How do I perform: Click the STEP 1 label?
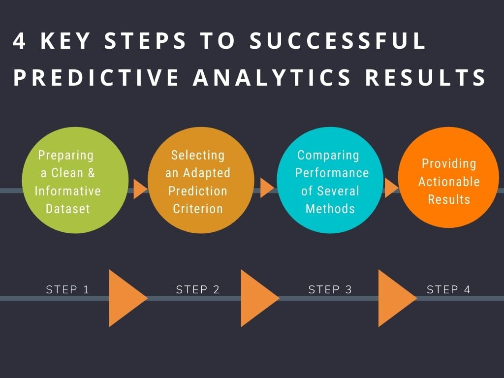pos(67,289)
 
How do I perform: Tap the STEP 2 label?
pos(198,289)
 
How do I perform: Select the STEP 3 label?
pos(330,289)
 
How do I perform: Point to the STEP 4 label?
pos(448,289)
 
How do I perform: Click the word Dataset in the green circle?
pos(68,209)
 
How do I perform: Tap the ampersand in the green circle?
pos(91,173)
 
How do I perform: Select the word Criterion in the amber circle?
pos(198,209)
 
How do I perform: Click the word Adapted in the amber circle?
pos(207,173)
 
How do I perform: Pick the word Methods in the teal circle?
pos(330,209)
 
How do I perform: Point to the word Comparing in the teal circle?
pos(328,156)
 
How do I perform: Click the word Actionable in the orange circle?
pos(449,182)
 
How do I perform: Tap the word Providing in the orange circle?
pos(449,164)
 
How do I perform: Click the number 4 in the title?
pos(19,41)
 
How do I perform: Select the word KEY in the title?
pos(65,41)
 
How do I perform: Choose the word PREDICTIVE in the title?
pos(96,77)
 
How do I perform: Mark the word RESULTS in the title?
pos(426,77)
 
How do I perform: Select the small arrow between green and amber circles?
pos(140,189)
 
